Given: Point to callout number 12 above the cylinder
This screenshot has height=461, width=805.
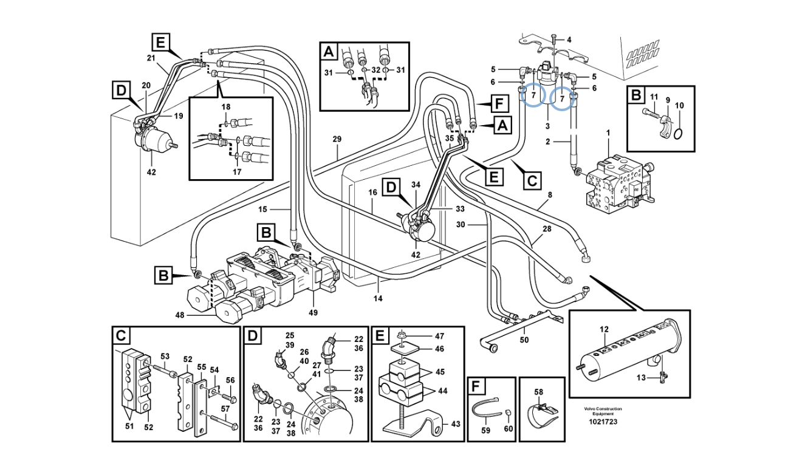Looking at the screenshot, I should [x=604, y=329].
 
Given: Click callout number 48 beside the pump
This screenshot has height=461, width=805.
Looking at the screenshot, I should [x=180, y=315].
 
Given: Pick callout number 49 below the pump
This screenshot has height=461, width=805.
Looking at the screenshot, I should [x=313, y=313].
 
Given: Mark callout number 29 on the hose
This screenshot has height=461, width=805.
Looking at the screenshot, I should [x=337, y=140].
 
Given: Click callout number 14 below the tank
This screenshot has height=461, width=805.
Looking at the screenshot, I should [x=378, y=299].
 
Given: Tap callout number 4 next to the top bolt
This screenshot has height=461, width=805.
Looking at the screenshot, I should [x=569, y=40].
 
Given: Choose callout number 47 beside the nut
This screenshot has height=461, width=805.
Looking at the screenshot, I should [x=439, y=336].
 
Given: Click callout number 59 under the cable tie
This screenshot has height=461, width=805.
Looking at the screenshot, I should [x=485, y=431].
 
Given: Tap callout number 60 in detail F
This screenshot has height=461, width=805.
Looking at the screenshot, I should [x=508, y=431].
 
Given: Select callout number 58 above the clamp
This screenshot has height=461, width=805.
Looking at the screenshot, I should [x=538, y=392].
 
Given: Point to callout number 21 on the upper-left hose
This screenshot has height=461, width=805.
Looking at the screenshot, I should [x=151, y=58].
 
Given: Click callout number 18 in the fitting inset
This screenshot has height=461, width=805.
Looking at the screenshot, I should [x=225, y=107].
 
